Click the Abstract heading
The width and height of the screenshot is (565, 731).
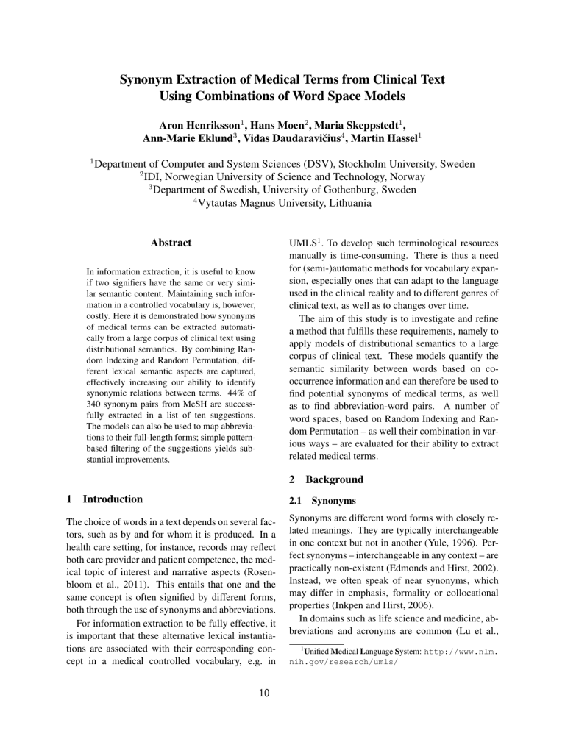(x=171, y=243)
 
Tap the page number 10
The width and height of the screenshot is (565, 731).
(x=282, y=711)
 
